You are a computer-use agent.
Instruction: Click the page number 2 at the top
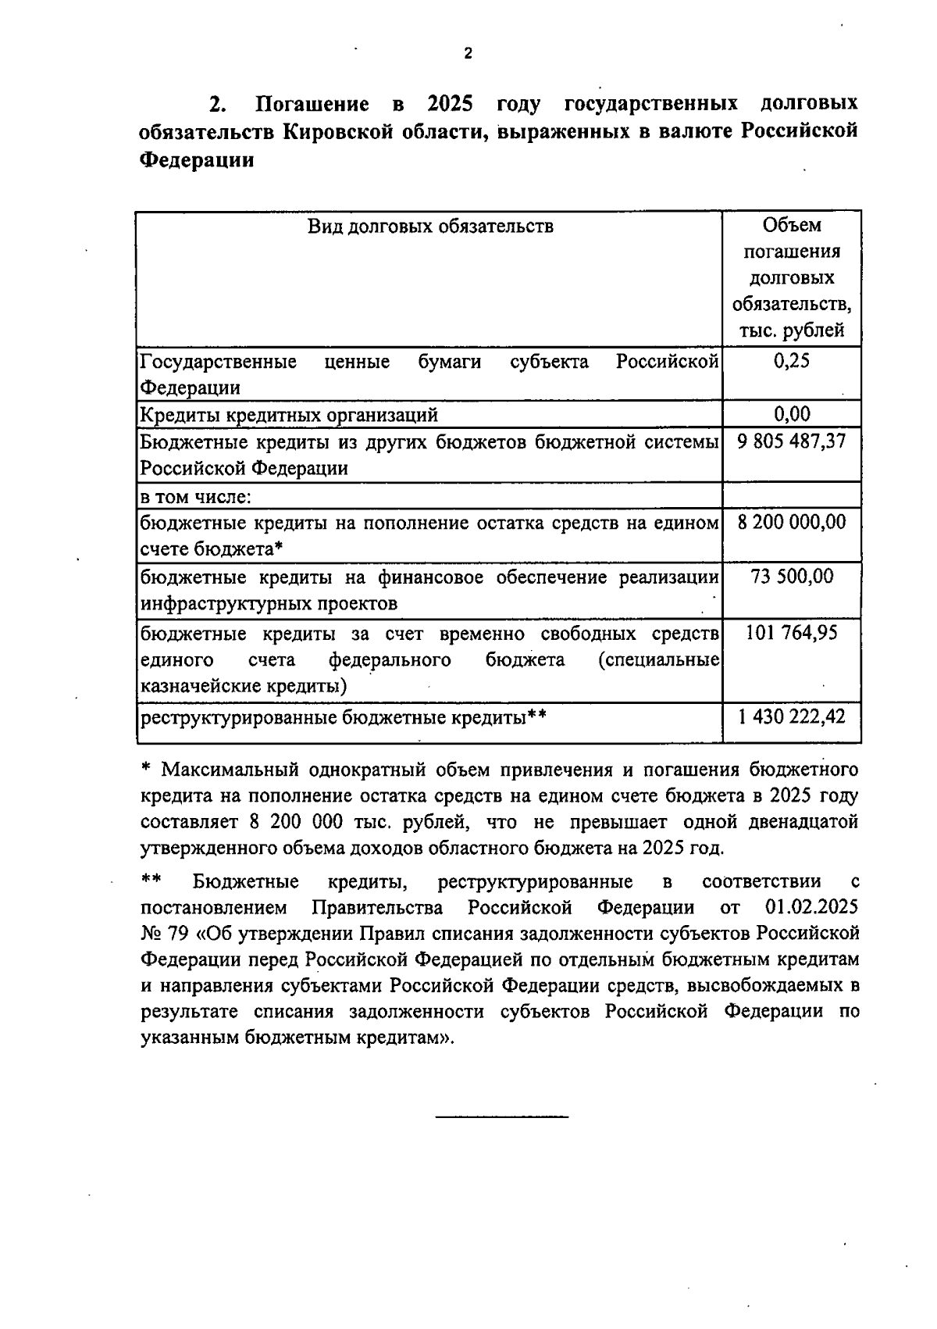(x=468, y=54)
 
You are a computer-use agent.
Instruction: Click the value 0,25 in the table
(x=792, y=361)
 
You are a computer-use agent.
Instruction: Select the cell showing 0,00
(x=792, y=413)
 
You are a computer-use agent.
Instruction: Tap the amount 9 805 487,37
(x=792, y=441)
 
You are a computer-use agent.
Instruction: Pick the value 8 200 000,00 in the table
(x=792, y=522)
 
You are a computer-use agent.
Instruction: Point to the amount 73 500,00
(x=792, y=577)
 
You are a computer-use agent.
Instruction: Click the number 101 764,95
(x=792, y=632)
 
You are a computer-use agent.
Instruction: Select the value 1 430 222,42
(x=792, y=716)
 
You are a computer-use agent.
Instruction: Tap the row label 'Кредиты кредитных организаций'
(x=289, y=414)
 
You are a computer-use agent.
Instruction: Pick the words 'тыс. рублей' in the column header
(x=792, y=330)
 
